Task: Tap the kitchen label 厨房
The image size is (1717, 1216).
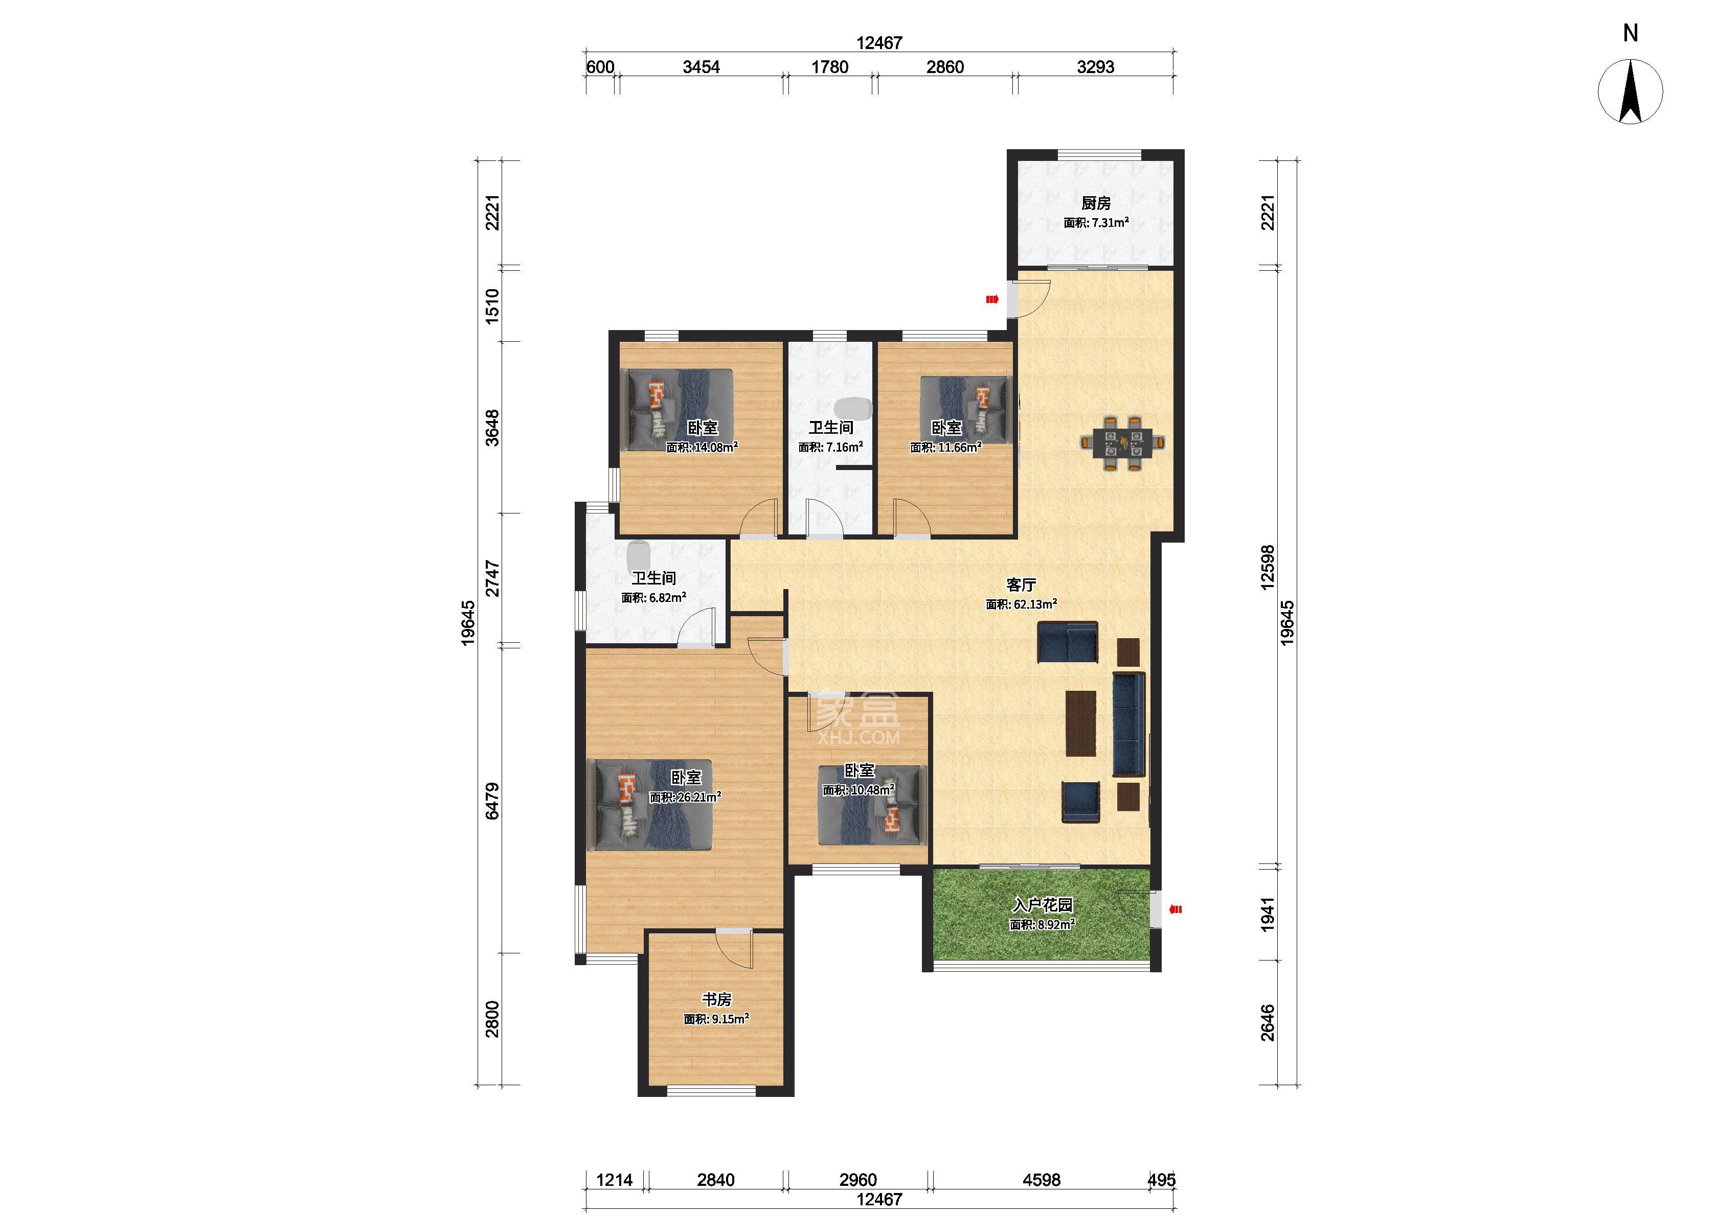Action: point(1095,203)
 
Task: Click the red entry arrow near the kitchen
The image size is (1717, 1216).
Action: point(992,299)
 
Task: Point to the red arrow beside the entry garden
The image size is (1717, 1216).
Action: point(1176,910)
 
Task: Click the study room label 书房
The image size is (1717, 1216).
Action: point(716,999)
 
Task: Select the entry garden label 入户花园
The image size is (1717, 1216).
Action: point(1042,904)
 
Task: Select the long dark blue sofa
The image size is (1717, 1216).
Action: point(1129,724)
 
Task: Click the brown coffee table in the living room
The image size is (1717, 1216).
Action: point(1081,723)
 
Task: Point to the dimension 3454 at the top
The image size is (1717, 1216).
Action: point(701,66)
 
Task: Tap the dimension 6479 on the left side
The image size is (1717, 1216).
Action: point(492,801)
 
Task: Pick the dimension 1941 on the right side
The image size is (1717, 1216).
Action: point(1267,914)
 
